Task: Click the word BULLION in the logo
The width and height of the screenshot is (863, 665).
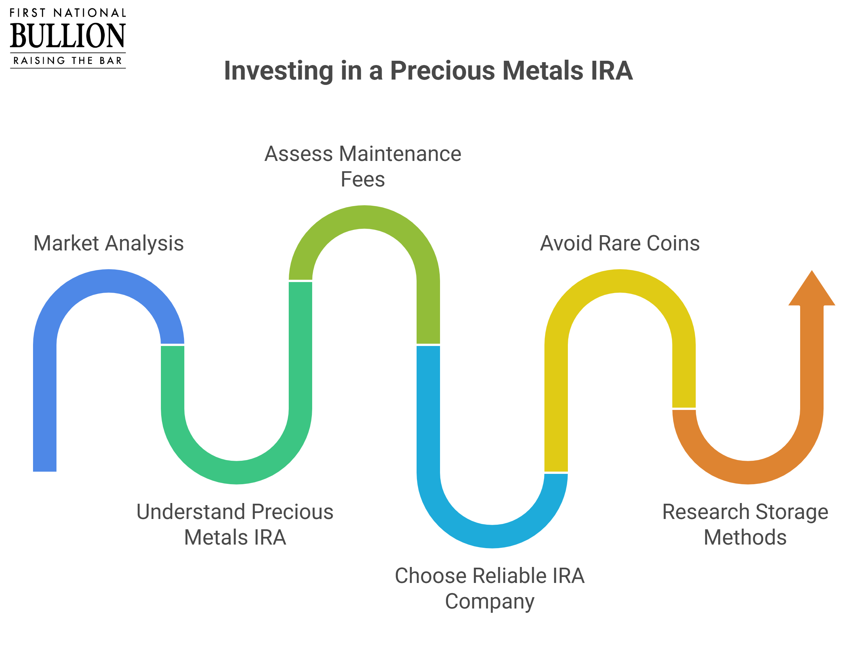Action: pyautogui.click(x=67, y=36)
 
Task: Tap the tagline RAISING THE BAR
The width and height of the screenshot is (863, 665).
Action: pyautogui.click(x=67, y=60)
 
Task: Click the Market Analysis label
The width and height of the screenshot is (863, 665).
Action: pyautogui.click(x=109, y=244)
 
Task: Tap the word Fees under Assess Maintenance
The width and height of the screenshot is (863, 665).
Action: pyautogui.click(x=363, y=179)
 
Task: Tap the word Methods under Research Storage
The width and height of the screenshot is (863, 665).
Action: pyautogui.click(x=745, y=538)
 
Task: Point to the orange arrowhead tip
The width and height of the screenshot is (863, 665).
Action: pyautogui.click(x=812, y=271)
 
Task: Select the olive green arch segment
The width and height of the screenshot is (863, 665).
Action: pyautogui.click(x=364, y=217)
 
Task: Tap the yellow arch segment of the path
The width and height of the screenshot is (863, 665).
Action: pyautogui.click(x=620, y=281)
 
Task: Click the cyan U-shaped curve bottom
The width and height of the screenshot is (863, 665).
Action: pyautogui.click(x=492, y=536)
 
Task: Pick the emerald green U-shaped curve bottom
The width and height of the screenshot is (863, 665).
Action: pyautogui.click(x=236, y=472)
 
